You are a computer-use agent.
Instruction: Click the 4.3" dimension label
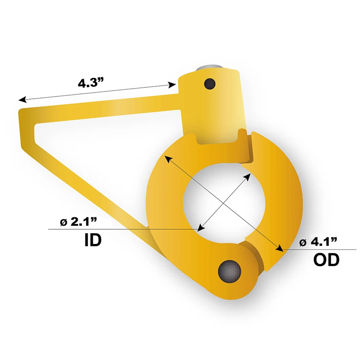[x=91, y=83]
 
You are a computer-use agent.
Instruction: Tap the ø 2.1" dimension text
[x=78, y=221]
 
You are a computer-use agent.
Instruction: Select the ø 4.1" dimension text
[x=318, y=242]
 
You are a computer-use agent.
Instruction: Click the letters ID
[x=93, y=240]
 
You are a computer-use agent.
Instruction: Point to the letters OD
[x=326, y=260]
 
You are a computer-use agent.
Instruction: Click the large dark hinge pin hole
[x=230, y=271]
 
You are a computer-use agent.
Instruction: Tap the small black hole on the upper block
[x=210, y=84]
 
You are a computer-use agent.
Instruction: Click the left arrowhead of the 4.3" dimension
[x=22, y=99]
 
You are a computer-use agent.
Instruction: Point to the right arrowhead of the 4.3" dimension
[x=172, y=85]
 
